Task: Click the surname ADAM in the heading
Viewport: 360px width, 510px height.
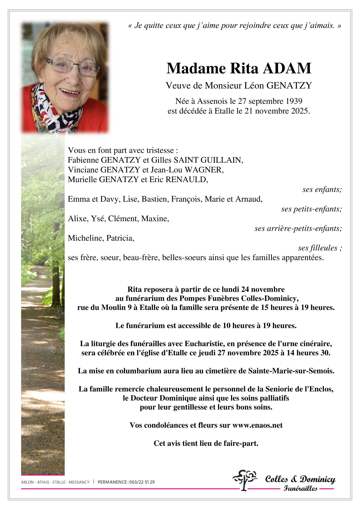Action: point(287,69)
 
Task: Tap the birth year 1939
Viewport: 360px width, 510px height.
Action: point(294,101)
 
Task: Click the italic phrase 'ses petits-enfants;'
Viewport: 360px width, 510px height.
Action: point(311,209)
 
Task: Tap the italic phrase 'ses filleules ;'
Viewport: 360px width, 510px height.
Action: point(320,248)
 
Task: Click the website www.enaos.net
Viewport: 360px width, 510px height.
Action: point(258,425)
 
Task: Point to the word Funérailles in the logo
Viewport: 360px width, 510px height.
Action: point(300,489)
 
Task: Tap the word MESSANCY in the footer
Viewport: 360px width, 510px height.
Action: point(79,482)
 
